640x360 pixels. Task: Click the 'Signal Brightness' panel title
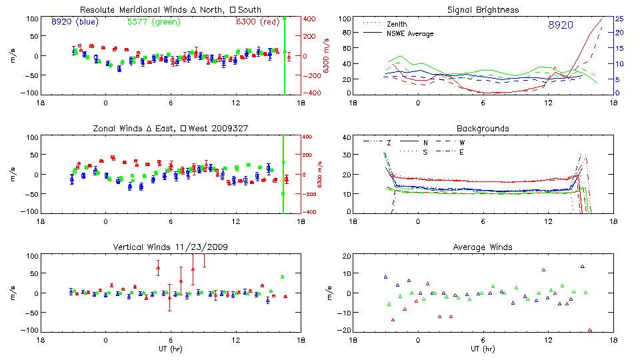pos(484,9)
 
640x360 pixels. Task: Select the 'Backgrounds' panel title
pos(484,128)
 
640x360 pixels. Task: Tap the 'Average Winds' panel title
pos(484,247)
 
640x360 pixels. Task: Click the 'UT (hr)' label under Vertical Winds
pos(170,348)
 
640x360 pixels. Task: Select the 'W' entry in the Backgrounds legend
pos(463,142)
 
